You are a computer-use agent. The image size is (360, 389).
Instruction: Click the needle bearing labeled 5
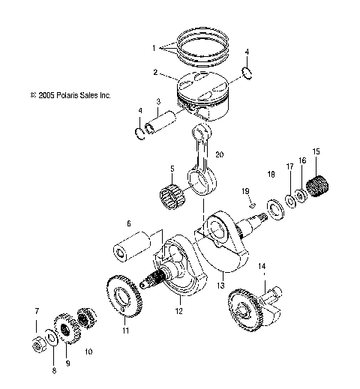click(x=174, y=196)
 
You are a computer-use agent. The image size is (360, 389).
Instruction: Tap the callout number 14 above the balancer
click(x=262, y=266)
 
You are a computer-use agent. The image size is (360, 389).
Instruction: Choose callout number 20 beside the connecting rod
click(x=220, y=154)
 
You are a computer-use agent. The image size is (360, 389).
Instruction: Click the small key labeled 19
click(x=253, y=203)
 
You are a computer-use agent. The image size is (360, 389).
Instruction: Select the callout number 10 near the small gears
click(x=88, y=351)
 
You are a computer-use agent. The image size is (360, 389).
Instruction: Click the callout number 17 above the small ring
click(x=289, y=166)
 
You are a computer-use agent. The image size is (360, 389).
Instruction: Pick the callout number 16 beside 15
click(x=302, y=160)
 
